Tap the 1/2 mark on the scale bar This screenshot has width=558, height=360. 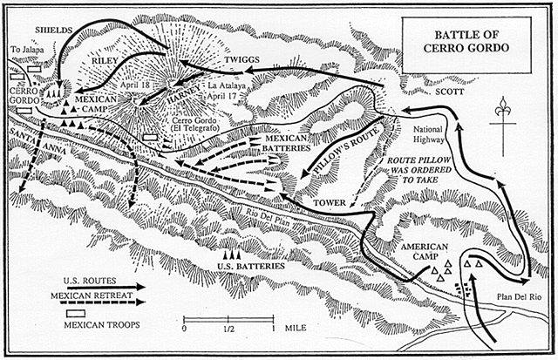[228, 329]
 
